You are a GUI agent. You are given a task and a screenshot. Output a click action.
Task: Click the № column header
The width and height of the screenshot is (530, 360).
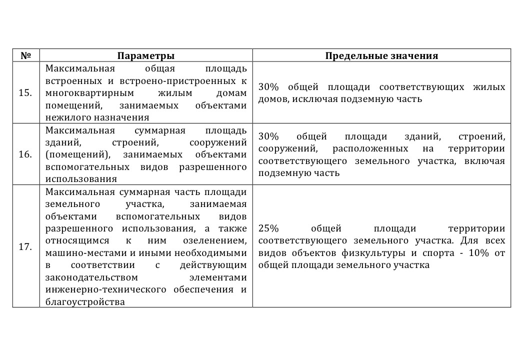click(26, 55)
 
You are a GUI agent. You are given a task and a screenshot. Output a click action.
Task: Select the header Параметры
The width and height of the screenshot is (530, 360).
click(145, 55)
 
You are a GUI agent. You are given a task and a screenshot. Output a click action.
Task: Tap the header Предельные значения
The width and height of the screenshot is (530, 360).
click(381, 55)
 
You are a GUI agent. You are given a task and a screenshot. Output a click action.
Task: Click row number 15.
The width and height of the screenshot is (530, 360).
click(25, 93)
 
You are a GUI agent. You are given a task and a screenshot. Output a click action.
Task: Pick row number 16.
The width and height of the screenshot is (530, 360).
click(25, 154)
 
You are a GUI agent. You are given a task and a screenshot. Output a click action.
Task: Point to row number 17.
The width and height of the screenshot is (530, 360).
click(25, 246)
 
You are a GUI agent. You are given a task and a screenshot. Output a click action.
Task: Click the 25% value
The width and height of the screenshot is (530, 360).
click(268, 228)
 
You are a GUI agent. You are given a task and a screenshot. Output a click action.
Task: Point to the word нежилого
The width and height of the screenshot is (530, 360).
click(63, 117)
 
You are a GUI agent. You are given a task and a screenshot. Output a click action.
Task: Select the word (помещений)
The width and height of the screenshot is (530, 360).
click(77, 154)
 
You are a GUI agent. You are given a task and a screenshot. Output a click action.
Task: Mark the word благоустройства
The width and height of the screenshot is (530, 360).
click(85, 302)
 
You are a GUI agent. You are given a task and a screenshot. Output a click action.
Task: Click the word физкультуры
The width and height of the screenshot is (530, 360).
click(378, 253)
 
